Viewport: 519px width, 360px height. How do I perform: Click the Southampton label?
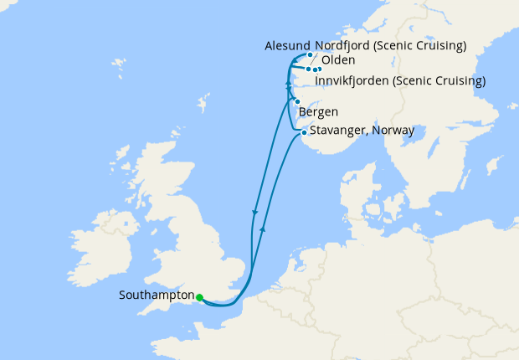pos(157,296)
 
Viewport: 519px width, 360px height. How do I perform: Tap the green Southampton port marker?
pos(199,296)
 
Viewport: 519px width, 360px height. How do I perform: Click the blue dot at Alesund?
pos(310,55)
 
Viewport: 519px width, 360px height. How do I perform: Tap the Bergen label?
pos(318,113)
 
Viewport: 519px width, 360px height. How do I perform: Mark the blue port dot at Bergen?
pos(297,101)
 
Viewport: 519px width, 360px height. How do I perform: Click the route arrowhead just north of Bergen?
pos(288,86)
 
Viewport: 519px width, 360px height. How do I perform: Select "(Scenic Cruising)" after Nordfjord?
pos(425,44)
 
